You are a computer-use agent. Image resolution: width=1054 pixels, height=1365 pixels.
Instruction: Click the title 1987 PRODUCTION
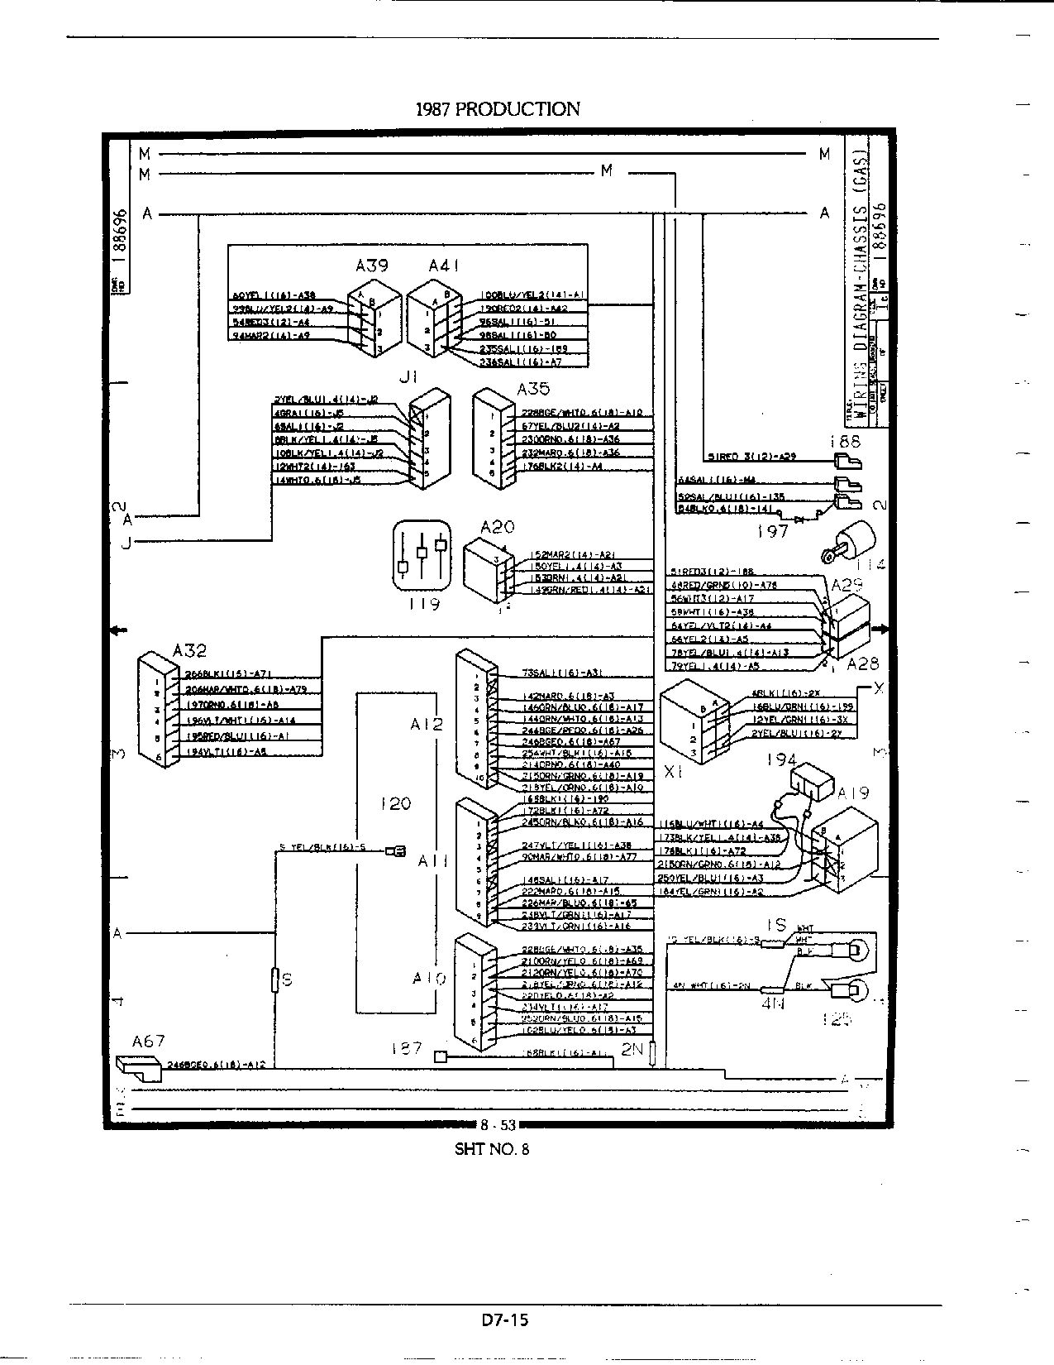pyautogui.click(x=497, y=108)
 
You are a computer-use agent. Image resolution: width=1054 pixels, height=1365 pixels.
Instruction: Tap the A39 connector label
pyautogui.click(x=372, y=266)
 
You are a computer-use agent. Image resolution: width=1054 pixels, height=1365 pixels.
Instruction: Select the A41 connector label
pyautogui.click(x=444, y=266)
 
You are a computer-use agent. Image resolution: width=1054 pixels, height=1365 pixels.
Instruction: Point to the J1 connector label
pyautogui.click(x=408, y=376)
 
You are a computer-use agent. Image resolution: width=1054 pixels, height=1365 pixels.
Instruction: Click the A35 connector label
pyautogui.click(x=533, y=389)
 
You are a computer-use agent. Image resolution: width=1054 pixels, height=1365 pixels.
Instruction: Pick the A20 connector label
pyautogui.click(x=497, y=527)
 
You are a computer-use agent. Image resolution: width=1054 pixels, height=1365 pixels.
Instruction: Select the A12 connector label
pyautogui.click(x=427, y=724)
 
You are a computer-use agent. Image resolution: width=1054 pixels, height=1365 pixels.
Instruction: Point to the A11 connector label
pyautogui.click(x=432, y=861)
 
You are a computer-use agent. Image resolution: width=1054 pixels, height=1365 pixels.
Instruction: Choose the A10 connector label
pyautogui.click(x=430, y=979)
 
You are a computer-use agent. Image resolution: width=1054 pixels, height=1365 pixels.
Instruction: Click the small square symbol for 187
pyautogui.click(x=440, y=1056)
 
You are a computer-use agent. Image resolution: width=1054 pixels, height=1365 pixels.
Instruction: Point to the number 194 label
pyautogui.click(x=781, y=759)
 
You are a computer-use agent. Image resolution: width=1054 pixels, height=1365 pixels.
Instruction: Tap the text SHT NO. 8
pyautogui.click(x=491, y=1148)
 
